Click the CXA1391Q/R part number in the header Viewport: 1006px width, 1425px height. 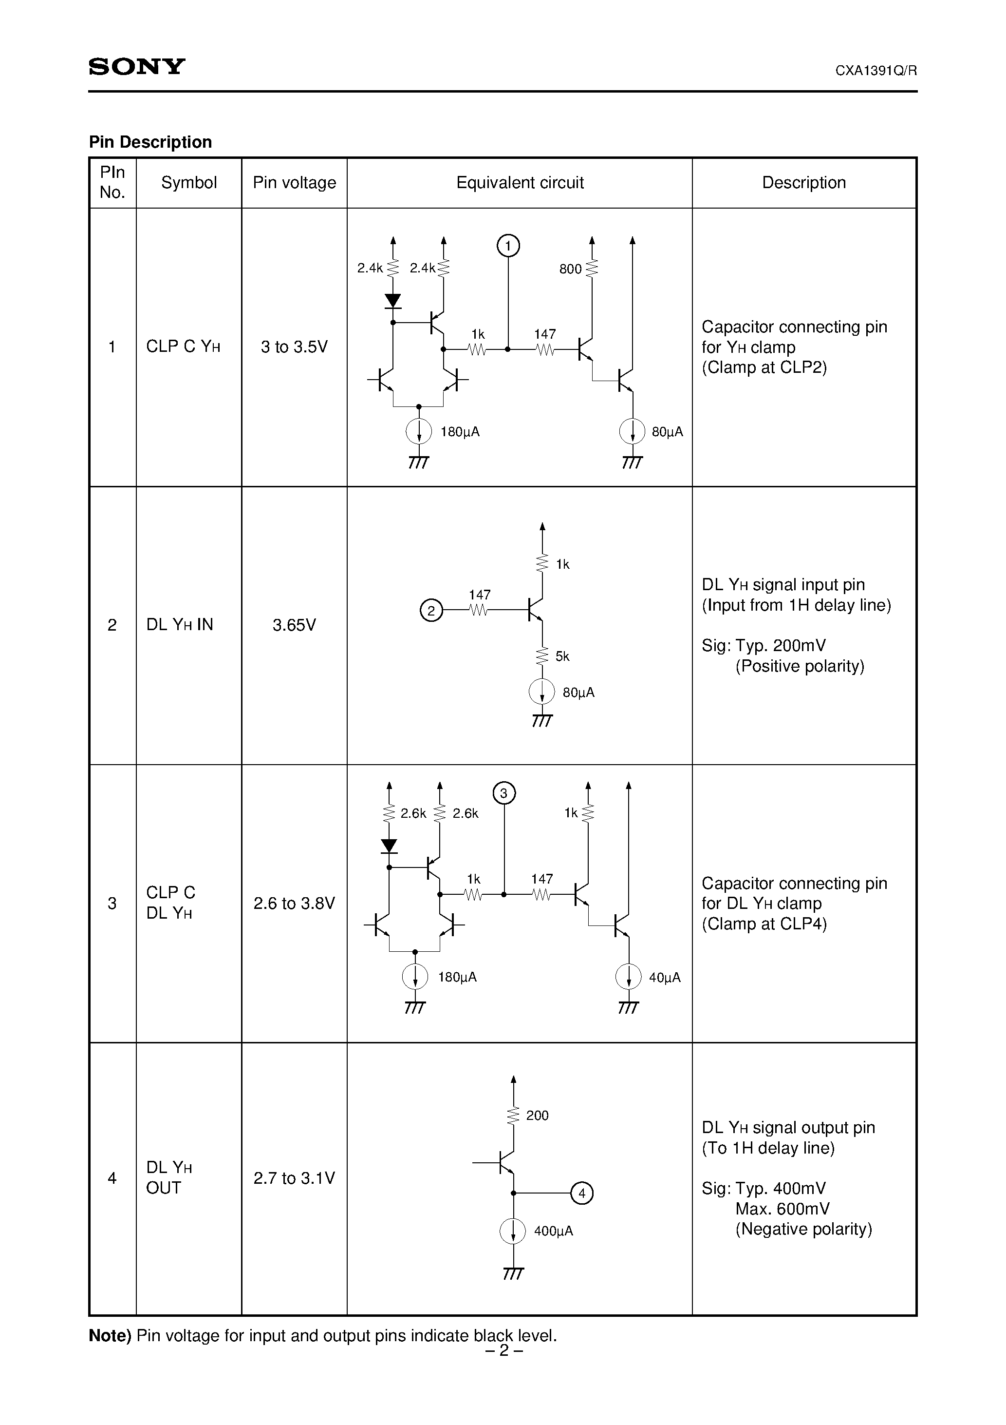pos(876,71)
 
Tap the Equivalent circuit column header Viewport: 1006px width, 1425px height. pos(520,182)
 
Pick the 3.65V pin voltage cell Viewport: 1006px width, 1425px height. pos(294,624)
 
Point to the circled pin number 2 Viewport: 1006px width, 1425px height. pos(431,610)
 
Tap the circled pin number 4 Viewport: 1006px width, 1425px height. pos(582,1193)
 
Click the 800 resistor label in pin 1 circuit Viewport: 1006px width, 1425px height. pos(570,269)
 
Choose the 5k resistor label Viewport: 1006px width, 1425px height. pos(562,656)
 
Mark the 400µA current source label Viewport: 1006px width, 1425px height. pos(553,1231)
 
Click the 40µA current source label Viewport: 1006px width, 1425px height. pos(664,978)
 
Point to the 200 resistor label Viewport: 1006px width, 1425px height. pos(537,1116)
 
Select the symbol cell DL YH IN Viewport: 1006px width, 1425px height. pos(179,624)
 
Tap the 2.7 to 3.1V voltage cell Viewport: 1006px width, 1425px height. pos(294,1178)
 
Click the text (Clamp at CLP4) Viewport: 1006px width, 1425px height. pos(764,924)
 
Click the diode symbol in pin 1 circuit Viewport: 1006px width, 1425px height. pos(392,302)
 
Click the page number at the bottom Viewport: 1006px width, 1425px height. pos(503,1350)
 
